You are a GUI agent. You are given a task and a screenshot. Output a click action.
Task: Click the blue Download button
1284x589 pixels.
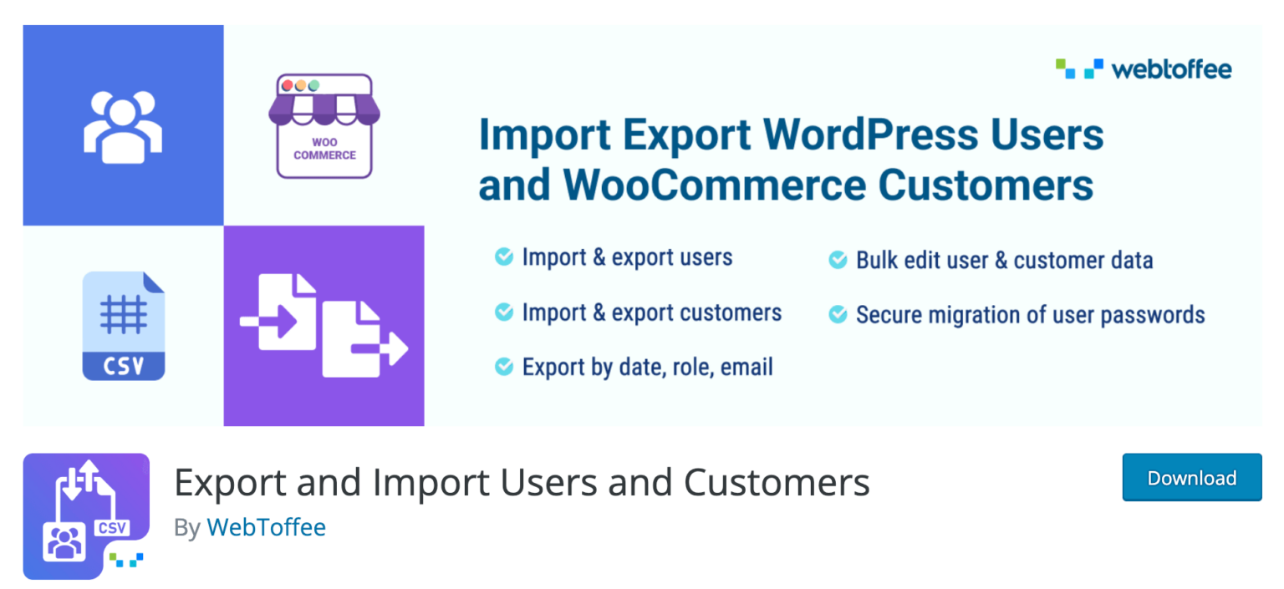click(1192, 477)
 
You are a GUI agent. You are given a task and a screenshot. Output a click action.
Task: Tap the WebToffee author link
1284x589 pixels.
click(267, 527)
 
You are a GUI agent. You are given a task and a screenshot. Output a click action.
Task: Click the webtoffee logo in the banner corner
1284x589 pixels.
click(1143, 69)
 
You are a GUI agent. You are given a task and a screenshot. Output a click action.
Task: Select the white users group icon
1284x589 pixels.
click(123, 127)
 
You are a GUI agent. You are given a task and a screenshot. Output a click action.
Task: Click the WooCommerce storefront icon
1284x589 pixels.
click(324, 126)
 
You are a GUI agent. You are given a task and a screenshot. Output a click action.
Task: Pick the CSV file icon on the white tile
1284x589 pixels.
click(124, 326)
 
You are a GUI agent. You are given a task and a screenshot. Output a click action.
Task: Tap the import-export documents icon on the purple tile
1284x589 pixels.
click(324, 326)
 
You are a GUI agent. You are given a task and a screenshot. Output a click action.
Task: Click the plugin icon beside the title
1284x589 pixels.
click(87, 515)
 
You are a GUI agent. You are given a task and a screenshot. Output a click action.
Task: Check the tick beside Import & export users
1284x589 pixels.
click(504, 256)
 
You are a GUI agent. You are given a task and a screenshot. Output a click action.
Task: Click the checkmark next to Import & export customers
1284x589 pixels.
click(504, 312)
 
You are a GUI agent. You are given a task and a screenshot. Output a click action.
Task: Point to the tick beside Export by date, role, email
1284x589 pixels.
click(504, 366)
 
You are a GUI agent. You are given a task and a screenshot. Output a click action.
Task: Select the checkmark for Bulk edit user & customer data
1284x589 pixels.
click(838, 260)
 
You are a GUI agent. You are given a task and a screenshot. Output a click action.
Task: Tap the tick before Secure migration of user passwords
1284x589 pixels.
click(838, 314)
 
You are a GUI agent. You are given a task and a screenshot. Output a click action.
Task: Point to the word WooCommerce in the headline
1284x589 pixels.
click(714, 185)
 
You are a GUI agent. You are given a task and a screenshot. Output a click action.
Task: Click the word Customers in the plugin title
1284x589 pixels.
click(777, 482)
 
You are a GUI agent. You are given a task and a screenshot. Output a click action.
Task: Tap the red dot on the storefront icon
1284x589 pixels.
click(288, 85)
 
